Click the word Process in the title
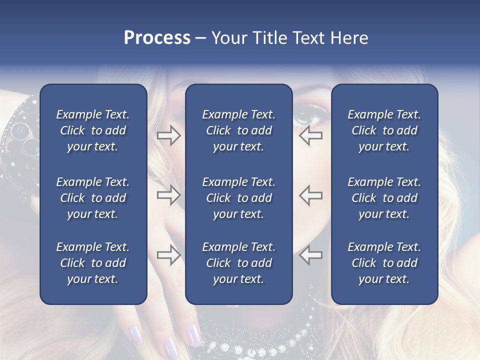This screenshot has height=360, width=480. pyautogui.click(x=157, y=38)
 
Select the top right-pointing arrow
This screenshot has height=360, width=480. pyautogui.click(x=168, y=135)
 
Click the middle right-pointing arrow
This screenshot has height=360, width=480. pyautogui.click(x=168, y=195)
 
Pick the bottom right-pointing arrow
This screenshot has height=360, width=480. pyautogui.click(x=168, y=255)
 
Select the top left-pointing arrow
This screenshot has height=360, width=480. pyautogui.click(x=310, y=135)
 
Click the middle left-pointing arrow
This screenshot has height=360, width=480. pyautogui.click(x=310, y=195)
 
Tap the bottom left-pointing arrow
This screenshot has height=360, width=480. pyautogui.click(x=310, y=255)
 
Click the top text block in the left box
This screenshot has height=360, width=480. pyautogui.click(x=93, y=130)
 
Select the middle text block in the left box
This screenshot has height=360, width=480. pyautogui.click(x=93, y=198)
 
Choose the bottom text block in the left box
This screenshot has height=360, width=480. pyautogui.click(x=93, y=263)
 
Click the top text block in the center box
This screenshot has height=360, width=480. pyautogui.click(x=238, y=130)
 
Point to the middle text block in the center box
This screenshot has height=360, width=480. pyautogui.click(x=238, y=198)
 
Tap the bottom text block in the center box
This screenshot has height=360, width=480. pyautogui.click(x=238, y=263)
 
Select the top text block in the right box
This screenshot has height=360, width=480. pyautogui.click(x=384, y=130)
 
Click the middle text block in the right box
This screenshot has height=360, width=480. pyautogui.click(x=384, y=198)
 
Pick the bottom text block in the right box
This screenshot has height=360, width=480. pyautogui.click(x=384, y=263)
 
